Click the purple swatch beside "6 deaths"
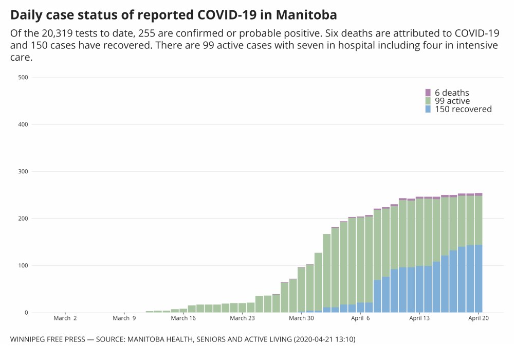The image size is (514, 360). (x=428, y=93)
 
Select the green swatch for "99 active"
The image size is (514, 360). (x=428, y=101)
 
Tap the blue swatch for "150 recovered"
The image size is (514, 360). (x=428, y=109)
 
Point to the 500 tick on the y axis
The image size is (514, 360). (x=23, y=78)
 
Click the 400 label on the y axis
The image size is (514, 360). (x=23, y=124)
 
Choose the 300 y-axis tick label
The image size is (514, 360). (x=23, y=171)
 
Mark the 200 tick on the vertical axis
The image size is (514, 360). (x=23, y=219)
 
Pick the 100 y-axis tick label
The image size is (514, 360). (x=23, y=265)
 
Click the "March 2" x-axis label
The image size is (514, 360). (x=65, y=318)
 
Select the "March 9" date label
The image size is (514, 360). (x=124, y=318)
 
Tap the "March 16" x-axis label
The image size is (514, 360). (x=183, y=318)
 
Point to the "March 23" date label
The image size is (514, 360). (x=243, y=318)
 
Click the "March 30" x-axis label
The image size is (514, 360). (x=302, y=318)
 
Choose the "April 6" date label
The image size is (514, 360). (x=361, y=318)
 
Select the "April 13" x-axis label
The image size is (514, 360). (x=419, y=318)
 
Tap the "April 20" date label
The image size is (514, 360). (x=479, y=318)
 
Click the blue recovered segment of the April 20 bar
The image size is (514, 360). (x=479, y=278)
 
